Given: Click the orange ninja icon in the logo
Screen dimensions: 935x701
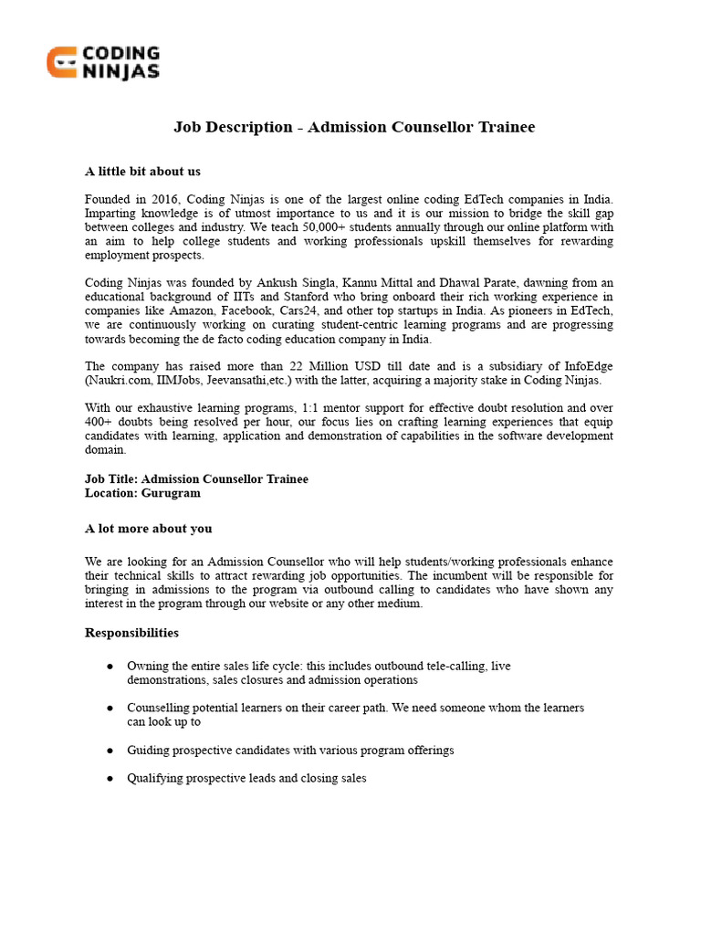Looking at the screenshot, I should [62, 63].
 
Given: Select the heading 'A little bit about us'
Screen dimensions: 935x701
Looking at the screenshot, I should [142, 171].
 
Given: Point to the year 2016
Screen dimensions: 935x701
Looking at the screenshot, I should [164, 199].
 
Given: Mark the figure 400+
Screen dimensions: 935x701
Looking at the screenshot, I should [99, 422].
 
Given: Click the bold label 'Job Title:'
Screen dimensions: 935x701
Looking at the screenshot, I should [111, 478].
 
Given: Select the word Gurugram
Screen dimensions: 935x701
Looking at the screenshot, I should [171, 493].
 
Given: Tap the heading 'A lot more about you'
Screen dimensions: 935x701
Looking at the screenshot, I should [148, 528].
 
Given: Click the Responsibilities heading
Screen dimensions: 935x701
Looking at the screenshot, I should [131, 633].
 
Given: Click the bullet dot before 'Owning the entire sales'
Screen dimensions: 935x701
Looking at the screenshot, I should [110, 667].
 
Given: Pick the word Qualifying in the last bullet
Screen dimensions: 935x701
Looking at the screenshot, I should [155, 779].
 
